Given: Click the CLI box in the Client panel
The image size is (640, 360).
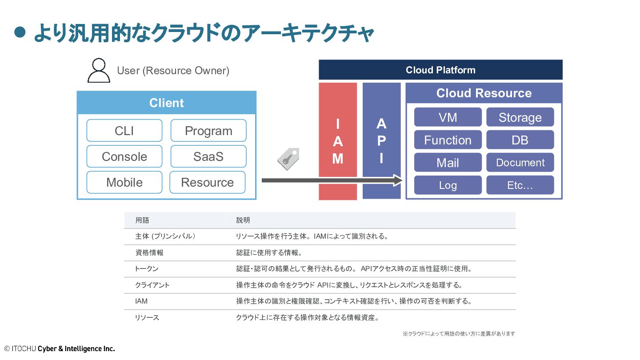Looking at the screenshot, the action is [x=124, y=131].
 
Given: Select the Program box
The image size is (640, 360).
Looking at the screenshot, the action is [x=208, y=131].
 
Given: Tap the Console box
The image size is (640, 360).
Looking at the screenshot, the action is [x=124, y=156].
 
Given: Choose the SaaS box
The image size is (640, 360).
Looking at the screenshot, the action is [x=208, y=156].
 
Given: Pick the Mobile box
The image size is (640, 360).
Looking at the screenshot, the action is [x=124, y=182].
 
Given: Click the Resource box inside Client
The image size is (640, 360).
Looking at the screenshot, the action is [x=208, y=182].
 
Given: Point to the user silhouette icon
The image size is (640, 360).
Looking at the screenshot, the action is [x=99, y=71].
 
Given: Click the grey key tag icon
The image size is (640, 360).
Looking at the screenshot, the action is [x=288, y=159].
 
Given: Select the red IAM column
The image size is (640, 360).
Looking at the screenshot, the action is [x=338, y=141].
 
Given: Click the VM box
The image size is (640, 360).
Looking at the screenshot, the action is [x=448, y=117].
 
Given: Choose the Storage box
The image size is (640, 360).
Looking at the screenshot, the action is [x=520, y=117].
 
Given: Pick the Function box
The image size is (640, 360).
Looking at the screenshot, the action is [x=448, y=140].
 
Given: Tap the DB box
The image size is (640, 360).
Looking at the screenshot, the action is [x=520, y=140].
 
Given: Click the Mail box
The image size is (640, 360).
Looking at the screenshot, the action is [x=448, y=162].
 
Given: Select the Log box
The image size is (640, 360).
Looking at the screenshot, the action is [x=448, y=185].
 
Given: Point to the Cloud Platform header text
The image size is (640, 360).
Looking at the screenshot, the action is [x=440, y=70].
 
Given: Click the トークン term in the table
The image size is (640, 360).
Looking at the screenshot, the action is [x=147, y=268].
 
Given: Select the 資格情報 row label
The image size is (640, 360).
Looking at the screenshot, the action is [x=149, y=252].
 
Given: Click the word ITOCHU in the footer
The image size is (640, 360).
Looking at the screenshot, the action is [x=24, y=348].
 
